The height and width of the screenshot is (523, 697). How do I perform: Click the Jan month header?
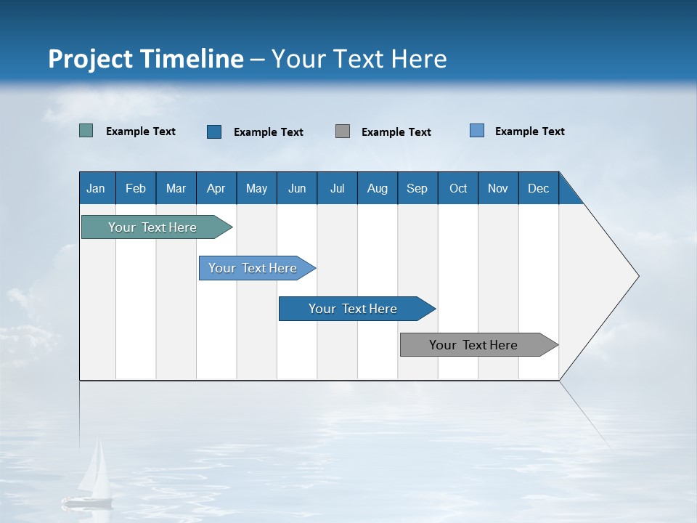click(x=97, y=188)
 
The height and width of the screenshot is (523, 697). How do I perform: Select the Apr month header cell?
click(x=216, y=188)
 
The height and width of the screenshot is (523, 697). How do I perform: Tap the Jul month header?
click(x=337, y=188)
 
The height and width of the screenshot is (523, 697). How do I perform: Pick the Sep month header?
click(x=417, y=188)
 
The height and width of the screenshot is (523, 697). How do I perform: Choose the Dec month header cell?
click(x=538, y=188)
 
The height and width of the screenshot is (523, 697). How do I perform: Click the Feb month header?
click(x=136, y=188)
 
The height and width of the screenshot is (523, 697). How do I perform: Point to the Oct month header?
click(x=458, y=188)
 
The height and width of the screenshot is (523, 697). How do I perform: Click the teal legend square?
click(x=86, y=131)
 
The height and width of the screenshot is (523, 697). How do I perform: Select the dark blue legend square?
click(x=214, y=131)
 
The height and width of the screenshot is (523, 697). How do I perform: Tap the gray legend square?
click(x=343, y=131)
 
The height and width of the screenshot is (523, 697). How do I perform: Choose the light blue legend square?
click(x=477, y=131)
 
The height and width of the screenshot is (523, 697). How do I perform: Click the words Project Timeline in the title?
click(x=146, y=59)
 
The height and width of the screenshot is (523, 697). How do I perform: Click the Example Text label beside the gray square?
click(x=396, y=132)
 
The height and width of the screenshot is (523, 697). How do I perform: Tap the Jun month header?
click(x=297, y=188)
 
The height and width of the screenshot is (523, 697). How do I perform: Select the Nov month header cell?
click(x=498, y=188)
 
